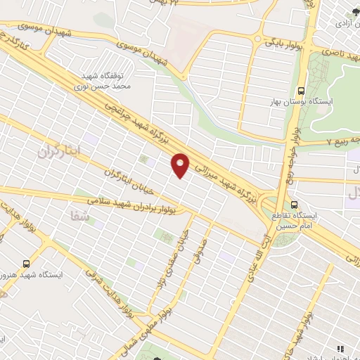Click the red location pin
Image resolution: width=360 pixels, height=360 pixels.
(181, 165)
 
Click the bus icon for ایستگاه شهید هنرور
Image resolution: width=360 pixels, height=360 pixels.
(26, 264)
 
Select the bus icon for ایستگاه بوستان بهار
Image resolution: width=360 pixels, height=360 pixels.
(302, 90)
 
